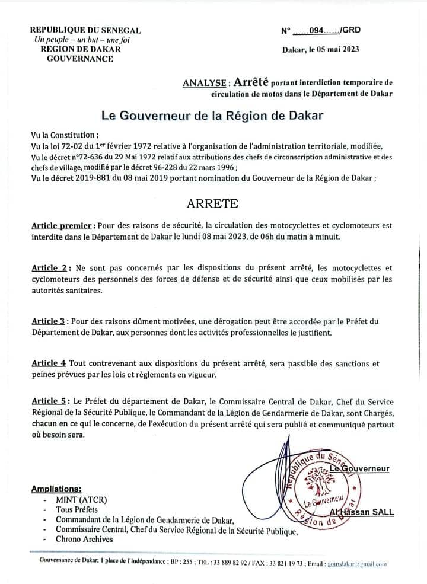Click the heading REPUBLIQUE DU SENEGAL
pyautogui.click(x=85, y=30)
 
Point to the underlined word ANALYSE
pyautogui.click(x=205, y=84)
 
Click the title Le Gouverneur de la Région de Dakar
pyautogui.click(x=212, y=115)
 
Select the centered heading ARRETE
pyautogui.click(x=212, y=203)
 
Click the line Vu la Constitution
pyautogui.click(x=65, y=135)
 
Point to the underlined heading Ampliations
pyautogui.click(x=56, y=489)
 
